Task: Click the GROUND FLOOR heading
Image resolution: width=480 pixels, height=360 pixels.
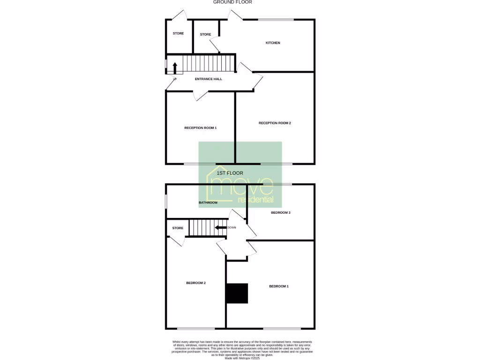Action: (x=232, y=2)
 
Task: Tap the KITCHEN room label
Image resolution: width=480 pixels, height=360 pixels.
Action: (x=273, y=43)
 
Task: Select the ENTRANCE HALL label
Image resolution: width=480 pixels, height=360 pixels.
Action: (x=209, y=79)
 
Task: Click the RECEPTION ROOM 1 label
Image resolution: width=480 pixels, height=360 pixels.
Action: (x=200, y=127)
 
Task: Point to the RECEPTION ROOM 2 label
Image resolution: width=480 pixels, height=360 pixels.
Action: (x=275, y=123)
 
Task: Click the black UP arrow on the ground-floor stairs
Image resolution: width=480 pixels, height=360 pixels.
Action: (x=175, y=68)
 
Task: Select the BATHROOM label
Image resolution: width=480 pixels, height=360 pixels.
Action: (x=208, y=202)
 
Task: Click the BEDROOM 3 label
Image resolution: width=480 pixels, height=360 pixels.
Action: (x=281, y=212)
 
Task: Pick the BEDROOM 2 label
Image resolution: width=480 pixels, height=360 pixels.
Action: (x=196, y=283)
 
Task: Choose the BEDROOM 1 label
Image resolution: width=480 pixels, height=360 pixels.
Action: (x=278, y=286)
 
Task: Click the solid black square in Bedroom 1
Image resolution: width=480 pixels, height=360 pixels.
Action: (x=237, y=294)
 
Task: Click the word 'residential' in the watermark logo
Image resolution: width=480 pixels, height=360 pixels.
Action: (x=255, y=200)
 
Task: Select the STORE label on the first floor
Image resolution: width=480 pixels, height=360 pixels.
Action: (x=178, y=228)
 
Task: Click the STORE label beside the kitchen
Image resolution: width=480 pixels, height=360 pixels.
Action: (x=205, y=34)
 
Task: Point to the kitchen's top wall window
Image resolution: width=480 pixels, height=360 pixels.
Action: (x=276, y=20)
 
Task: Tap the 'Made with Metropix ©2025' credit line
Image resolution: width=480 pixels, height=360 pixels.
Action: (x=242, y=358)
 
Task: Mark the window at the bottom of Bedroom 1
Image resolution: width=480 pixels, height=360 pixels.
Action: (x=282, y=328)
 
